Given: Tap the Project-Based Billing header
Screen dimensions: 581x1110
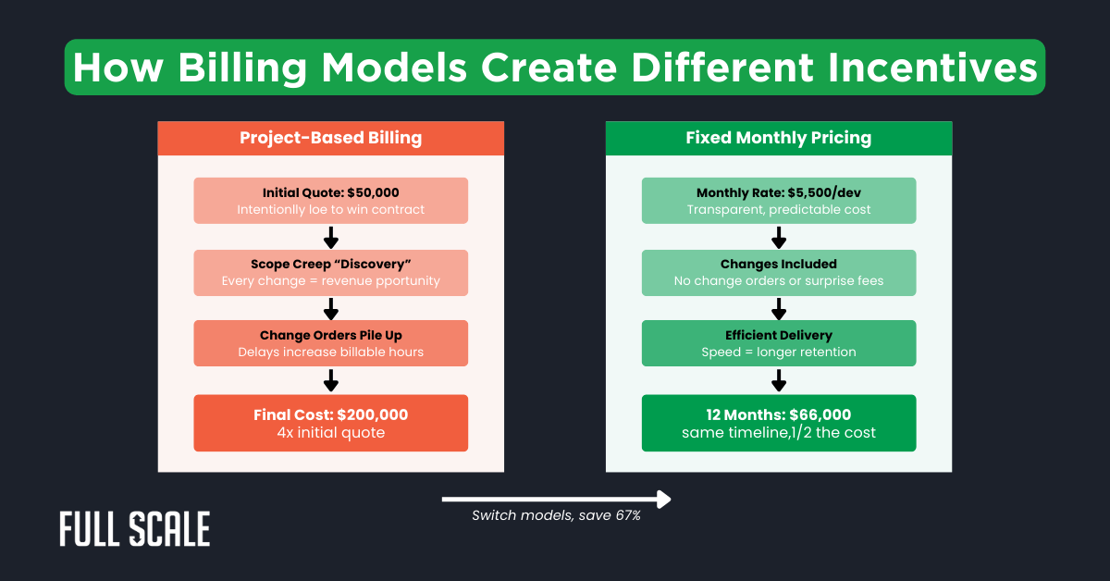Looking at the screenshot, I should coord(330,138).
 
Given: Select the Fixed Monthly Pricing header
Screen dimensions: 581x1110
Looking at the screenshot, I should coord(778,138).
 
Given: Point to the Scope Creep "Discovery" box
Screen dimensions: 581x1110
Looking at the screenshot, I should coord(330,272).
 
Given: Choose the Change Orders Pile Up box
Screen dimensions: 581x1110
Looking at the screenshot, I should coord(330,342).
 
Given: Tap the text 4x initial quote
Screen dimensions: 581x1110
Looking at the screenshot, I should coord(330,433).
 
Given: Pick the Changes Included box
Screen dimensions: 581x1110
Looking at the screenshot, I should coord(778,272).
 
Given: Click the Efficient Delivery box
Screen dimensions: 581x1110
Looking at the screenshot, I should coord(778,342).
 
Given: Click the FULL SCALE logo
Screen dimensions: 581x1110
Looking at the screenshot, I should coord(135,528).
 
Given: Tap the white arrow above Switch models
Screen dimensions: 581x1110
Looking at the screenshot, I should coord(555,500).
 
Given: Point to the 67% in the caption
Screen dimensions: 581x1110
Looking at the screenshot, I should coord(627,515).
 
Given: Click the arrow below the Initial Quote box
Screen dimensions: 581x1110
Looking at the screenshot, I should coord(330,237).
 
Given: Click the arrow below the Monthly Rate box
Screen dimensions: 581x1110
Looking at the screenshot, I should coord(778,237).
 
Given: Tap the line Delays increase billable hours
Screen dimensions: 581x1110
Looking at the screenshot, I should coord(330,352).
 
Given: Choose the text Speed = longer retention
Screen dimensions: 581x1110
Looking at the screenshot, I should coord(778,352).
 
